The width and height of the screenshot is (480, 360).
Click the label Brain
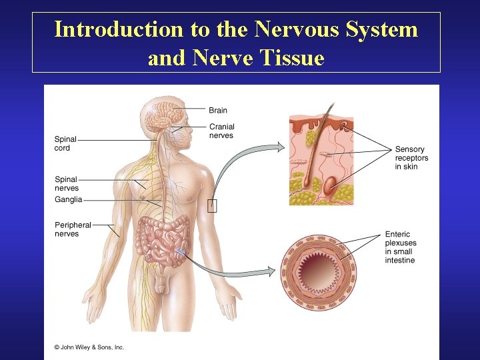[x=217, y=111]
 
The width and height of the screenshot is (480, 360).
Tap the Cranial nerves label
[x=221, y=131]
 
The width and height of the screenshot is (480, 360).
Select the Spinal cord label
[x=65, y=143]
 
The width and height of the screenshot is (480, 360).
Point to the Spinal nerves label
[x=66, y=183]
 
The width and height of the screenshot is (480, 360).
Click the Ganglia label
[x=68, y=199]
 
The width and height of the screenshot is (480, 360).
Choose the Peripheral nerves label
[x=73, y=229]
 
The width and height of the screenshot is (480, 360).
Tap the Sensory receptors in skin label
[x=411, y=158]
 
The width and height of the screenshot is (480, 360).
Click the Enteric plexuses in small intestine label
[x=399, y=247]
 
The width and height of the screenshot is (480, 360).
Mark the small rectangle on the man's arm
[x=212, y=205]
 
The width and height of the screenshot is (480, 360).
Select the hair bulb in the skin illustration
[x=308, y=182]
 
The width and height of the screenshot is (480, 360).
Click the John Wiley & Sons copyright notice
[x=89, y=347]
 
